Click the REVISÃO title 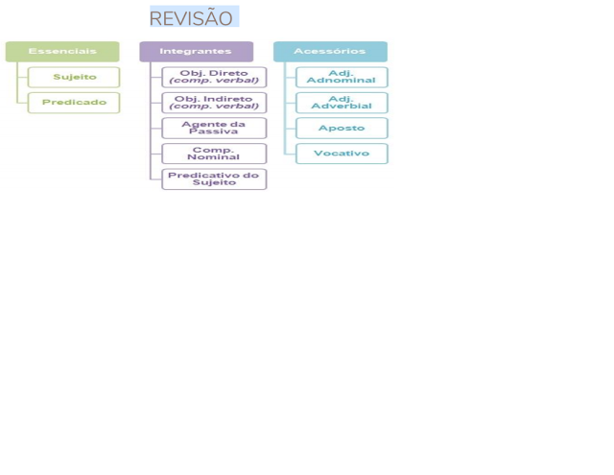coord(192,18)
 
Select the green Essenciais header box coord(62,51)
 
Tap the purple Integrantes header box coord(196,51)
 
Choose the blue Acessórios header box coord(330,51)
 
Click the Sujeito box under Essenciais coord(74,77)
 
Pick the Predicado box coord(74,102)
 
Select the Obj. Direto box coord(214,77)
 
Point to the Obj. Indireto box coord(214,102)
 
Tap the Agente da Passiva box coord(214,128)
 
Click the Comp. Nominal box coord(214,154)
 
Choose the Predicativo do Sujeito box coord(214,178)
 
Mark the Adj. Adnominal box coord(342,77)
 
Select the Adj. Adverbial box coord(342,102)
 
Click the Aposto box coord(342,128)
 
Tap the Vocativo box coord(342,154)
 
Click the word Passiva coord(214,131)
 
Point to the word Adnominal coord(342,81)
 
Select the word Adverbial coord(342,106)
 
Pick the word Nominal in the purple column coord(214,157)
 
